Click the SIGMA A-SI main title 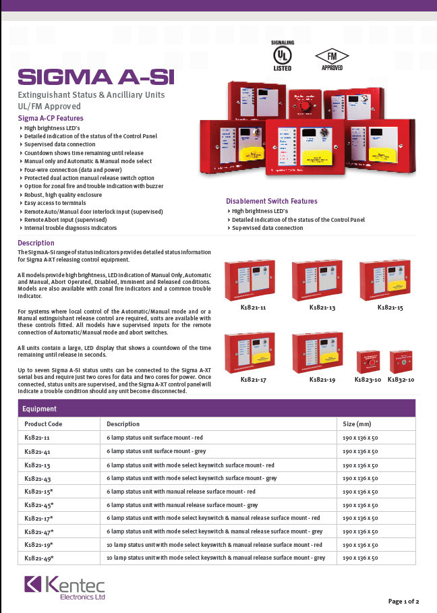pos(95,77)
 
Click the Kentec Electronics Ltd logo pos(65,587)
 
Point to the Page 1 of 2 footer pos(403,601)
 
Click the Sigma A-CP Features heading pos(51,118)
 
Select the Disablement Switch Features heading pos(271,202)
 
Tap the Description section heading pos(36,243)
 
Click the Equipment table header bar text pos(39,409)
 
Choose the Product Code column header pos(43,424)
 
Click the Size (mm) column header pos(357,424)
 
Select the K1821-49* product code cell pos(38,558)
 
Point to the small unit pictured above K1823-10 pos(368,360)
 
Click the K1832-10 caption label pos(402,380)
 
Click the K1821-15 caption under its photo pos(390,308)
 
